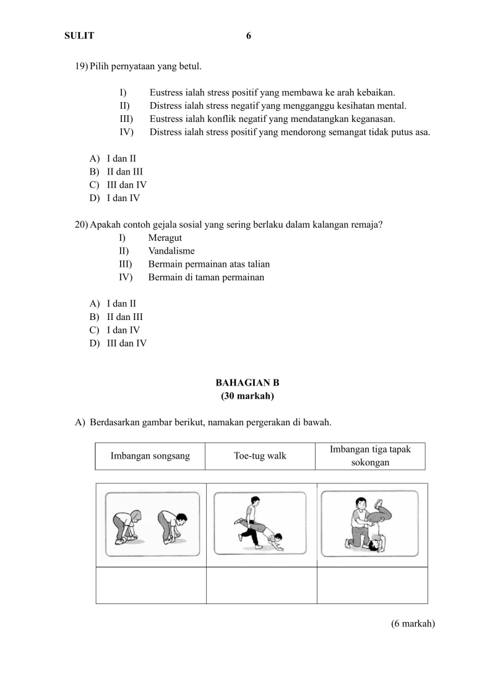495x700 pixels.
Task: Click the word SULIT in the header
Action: coord(79,36)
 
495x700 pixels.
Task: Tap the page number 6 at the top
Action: coord(249,36)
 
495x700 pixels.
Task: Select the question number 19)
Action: coord(82,66)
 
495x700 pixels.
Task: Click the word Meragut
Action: coord(165,238)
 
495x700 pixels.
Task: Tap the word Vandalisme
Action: coord(171,251)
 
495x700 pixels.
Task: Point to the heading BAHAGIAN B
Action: coord(247,383)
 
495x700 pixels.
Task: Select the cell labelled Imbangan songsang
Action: coord(150,456)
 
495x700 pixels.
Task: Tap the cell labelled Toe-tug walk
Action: coord(260,456)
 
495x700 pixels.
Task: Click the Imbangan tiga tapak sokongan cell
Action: coord(370,456)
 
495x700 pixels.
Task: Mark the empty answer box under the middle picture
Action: coord(261,585)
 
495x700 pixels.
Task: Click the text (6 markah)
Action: coord(413,624)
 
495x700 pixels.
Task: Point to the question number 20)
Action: coord(82,225)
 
